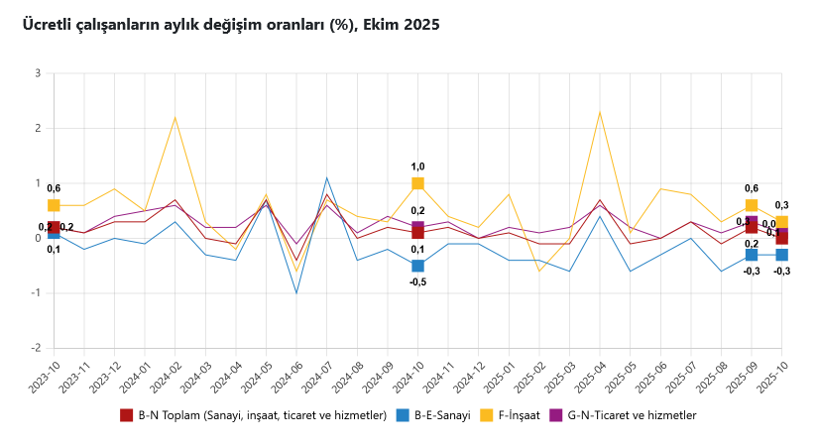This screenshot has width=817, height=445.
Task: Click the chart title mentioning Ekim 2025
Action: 231,24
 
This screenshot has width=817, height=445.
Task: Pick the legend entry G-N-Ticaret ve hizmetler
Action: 629,415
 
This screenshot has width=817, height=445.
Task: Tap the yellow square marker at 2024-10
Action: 417,183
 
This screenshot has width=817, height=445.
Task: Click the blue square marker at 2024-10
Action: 417,266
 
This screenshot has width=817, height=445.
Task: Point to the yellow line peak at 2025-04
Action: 600,112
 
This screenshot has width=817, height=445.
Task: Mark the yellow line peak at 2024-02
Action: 175,118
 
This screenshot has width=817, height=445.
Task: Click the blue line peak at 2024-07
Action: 326,178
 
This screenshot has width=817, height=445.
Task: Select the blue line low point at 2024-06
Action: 296,293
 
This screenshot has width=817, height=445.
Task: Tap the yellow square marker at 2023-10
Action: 54,205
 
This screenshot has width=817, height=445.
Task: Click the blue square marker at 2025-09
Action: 752,255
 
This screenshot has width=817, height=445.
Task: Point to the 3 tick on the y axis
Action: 37,73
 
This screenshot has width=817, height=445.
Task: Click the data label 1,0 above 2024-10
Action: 417,167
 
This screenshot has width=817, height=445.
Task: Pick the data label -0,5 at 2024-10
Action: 417,282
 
